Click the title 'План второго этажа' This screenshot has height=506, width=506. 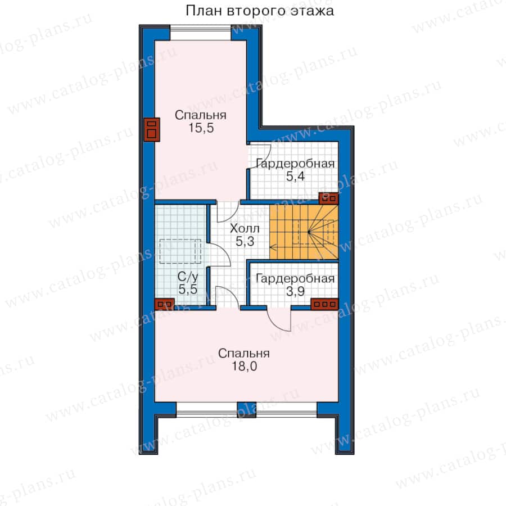tap(259, 11)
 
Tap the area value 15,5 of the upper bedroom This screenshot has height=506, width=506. tap(201, 128)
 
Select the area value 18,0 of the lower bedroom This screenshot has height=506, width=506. tap(245, 366)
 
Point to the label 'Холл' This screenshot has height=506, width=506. tap(245, 228)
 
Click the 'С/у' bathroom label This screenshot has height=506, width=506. tap(188, 277)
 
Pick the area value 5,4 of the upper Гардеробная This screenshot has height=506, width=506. tap(295, 177)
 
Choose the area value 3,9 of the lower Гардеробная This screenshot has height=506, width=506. tap(295, 291)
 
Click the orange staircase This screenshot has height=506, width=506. tap(304, 232)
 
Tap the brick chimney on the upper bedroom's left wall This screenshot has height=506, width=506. tap(152, 129)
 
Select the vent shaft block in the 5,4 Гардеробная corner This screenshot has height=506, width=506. tap(328, 198)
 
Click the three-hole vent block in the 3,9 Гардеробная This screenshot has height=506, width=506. tap(324, 304)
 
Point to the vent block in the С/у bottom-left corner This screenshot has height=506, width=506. tap(165, 304)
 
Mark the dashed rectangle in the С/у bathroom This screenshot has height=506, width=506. tap(180, 251)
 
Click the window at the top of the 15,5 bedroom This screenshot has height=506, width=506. tap(200, 33)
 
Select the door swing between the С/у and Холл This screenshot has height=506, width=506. tap(220, 255)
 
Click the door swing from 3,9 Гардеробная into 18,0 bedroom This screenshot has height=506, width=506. tap(279, 319)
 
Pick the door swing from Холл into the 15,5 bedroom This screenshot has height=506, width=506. tap(228, 212)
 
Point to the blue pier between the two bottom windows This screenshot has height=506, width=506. tap(247, 410)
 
